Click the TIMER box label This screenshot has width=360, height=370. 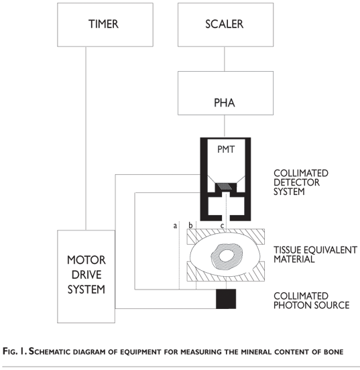tap(103, 24)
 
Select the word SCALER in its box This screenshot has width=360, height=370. tap(225, 24)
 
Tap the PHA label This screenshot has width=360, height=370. tap(225, 103)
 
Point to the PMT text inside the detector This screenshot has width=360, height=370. tap(226, 149)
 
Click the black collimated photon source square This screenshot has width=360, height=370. tap(226, 299)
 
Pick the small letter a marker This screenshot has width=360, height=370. tap(175, 226)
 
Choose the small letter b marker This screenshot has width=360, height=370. tap(190, 225)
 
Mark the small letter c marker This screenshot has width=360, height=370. tap(222, 226)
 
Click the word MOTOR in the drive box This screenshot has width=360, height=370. tap(86, 260)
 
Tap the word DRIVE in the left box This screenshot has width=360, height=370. tap(86, 275)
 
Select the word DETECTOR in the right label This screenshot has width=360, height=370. tap(296, 182)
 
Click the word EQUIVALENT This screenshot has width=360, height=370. tap(330, 250)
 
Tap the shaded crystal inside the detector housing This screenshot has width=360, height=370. tap(225, 186)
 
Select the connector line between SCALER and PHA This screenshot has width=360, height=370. tap(225, 59)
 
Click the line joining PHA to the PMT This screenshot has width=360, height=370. tap(225, 126)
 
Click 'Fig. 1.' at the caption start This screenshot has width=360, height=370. tap(15, 351)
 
